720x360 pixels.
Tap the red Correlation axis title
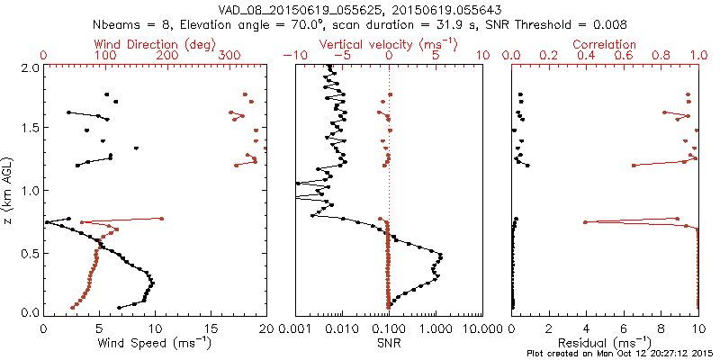click(x=605, y=43)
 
